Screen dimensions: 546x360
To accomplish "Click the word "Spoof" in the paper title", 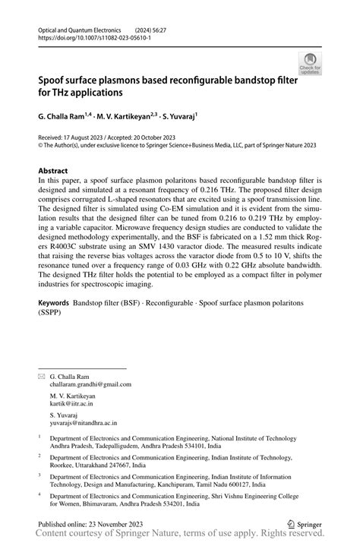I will pos(55,80).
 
